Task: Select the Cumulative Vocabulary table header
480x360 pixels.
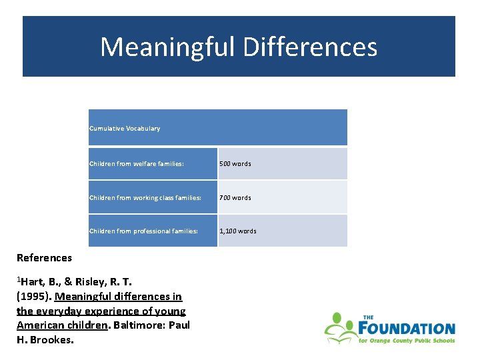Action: [125, 128]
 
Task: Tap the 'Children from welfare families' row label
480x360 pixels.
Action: [137, 163]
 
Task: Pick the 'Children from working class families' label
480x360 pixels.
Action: [145, 197]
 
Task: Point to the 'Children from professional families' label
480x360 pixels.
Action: [144, 231]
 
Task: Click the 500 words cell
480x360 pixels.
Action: [237, 163]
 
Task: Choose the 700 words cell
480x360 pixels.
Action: [237, 197]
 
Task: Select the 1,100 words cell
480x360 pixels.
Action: [239, 231]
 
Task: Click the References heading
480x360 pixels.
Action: [44, 257]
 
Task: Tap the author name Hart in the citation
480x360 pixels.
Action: [33, 281]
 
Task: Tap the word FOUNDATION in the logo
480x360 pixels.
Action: [406, 329]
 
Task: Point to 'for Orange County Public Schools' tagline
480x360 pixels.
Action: [406, 341]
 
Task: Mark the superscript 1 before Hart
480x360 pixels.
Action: [19, 279]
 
